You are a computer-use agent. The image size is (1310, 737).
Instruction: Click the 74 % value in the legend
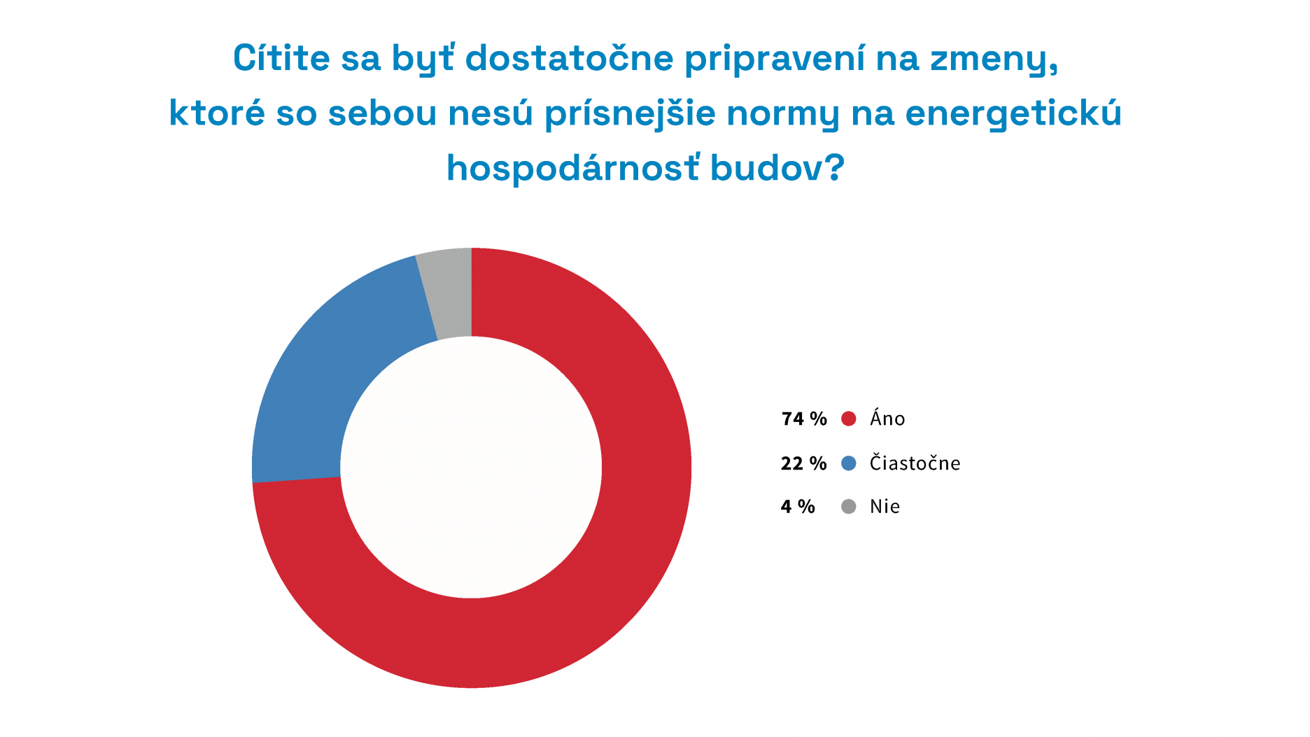(x=804, y=419)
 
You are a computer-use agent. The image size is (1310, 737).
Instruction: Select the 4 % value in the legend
(x=798, y=507)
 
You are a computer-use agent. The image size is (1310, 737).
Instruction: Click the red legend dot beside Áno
(x=849, y=419)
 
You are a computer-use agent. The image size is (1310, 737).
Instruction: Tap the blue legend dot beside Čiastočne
(x=849, y=463)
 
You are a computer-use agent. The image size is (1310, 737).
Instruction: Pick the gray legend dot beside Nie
(x=849, y=507)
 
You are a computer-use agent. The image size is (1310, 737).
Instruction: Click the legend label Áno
(x=887, y=419)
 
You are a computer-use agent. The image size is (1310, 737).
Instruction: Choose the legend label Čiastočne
(x=915, y=463)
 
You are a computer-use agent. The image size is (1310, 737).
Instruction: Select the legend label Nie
(x=885, y=507)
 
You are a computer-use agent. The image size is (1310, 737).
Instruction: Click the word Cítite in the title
(x=281, y=57)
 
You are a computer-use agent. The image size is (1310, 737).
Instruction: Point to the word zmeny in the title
(x=994, y=59)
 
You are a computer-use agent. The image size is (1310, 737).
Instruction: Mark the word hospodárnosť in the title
(x=573, y=168)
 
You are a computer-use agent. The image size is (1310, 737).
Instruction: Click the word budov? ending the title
(x=777, y=168)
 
